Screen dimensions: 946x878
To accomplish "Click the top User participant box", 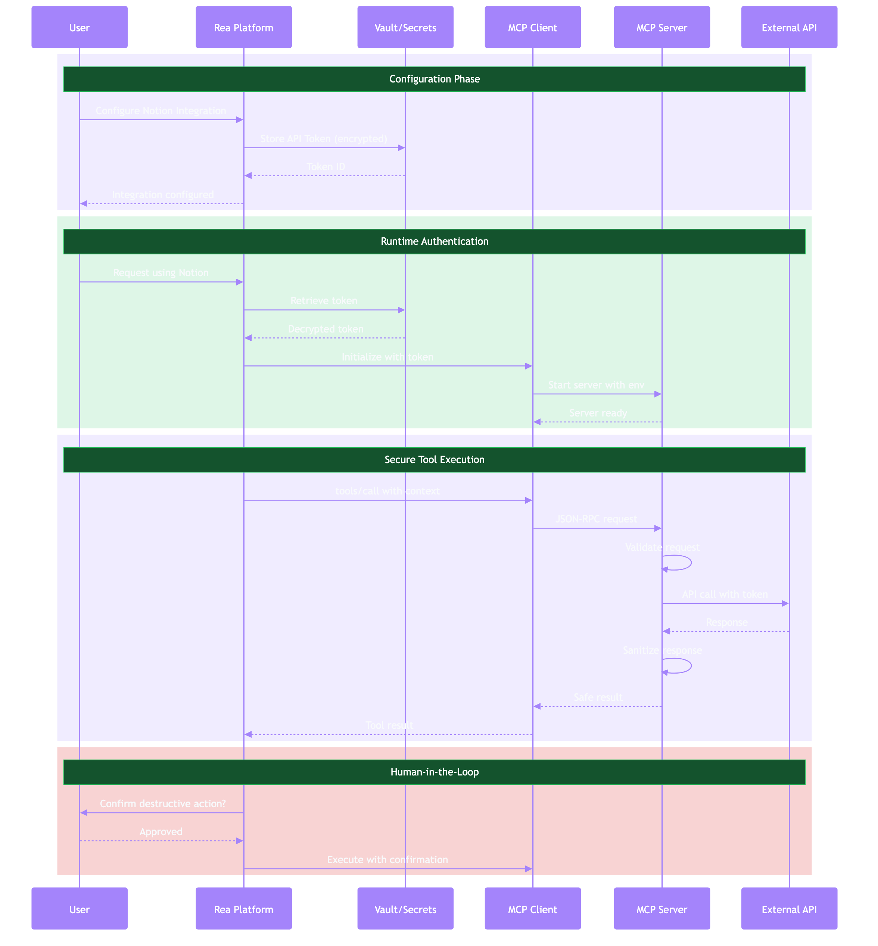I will (x=80, y=28).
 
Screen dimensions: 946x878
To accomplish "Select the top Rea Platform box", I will (x=244, y=28).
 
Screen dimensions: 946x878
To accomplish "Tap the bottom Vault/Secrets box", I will (x=405, y=909).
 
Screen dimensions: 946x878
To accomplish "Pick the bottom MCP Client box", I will (x=533, y=909).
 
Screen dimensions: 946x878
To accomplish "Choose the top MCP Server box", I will (x=662, y=28).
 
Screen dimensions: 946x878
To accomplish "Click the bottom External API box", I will (x=789, y=909).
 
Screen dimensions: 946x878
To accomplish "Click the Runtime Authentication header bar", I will (x=434, y=241).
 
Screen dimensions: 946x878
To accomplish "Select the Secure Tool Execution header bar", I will (x=434, y=460).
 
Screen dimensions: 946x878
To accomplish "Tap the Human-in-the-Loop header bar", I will (x=434, y=772).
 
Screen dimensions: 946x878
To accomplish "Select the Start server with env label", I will (x=596, y=385).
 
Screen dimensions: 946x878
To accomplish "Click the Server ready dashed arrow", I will (x=597, y=422).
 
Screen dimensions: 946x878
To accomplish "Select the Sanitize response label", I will (x=662, y=650).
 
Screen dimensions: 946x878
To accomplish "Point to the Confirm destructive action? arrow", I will (x=162, y=812).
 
